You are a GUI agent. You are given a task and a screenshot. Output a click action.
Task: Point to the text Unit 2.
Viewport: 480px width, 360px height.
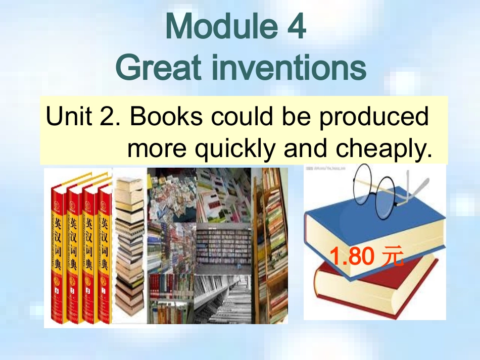point(83,117)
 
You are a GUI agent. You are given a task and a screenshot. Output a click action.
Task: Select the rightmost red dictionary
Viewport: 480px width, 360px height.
point(104,252)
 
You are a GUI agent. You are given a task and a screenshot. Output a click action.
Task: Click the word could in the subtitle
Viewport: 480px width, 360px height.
point(238,117)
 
